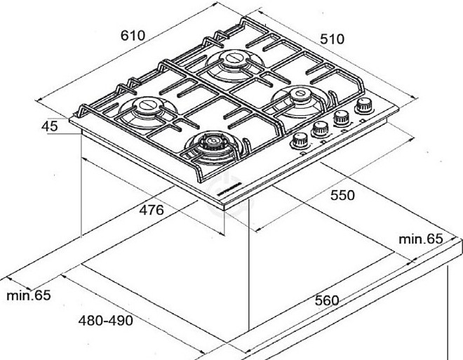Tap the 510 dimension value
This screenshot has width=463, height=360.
pyautogui.click(x=332, y=39)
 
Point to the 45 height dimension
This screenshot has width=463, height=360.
pyautogui.click(x=49, y=127)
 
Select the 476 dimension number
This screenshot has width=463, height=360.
pyautogui.click(x=150, y=210)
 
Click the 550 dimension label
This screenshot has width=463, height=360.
pyautogui.click(x=342, y=196)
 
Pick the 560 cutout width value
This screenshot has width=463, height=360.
pyautogui.click(x=327, y=300)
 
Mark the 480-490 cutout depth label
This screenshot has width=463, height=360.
pyautogui.click(x=105, y=321)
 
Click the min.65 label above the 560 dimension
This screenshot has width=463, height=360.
pyautogui.click(x=421, y=239)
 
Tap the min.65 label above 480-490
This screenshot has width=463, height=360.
pyautogui.click(x=29, y=295)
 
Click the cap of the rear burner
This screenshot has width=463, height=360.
pyautogui.click(x=231, y=60)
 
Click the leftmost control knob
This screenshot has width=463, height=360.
pyautogui.click(x=301, y=138)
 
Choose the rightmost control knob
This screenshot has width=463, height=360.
pyautogui.click(x=364, y=106)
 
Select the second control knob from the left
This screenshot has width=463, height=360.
pyautogui.click(x=321, y=128)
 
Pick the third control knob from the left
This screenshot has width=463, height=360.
pyautogui.click(x=342, y=117)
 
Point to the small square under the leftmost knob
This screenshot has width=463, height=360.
pyautogui.click(x=302, y=151)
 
